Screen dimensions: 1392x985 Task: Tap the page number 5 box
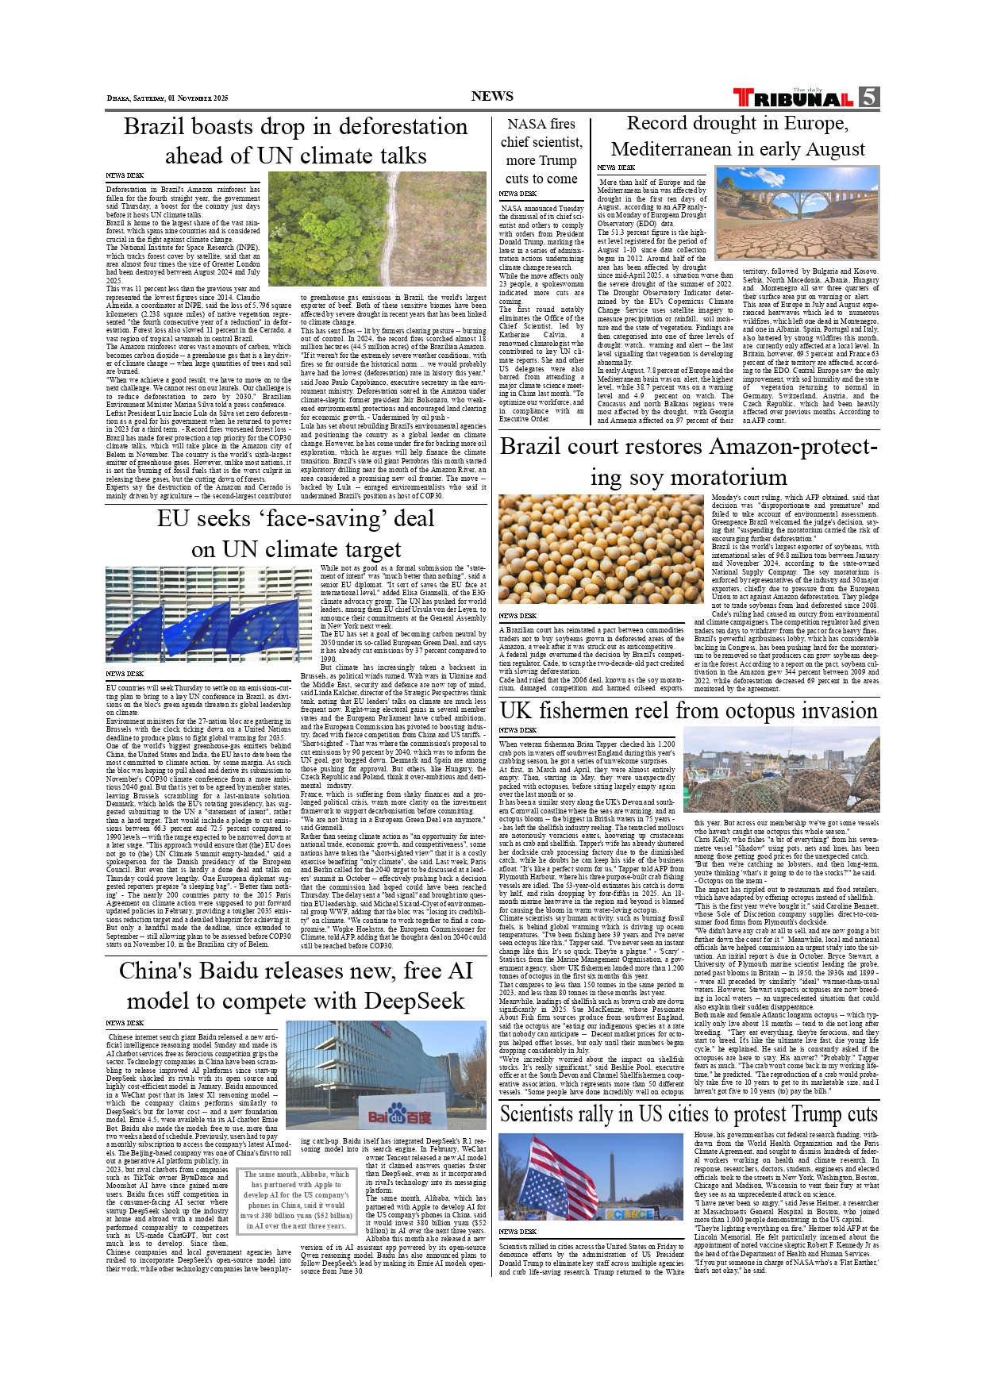(x=868, y=97)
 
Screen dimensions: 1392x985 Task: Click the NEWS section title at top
(x=492, y=97)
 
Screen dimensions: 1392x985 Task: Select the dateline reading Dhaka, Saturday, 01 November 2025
(x=167, y=98)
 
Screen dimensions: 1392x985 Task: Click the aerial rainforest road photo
(x=377, y=229)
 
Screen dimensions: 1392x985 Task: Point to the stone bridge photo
(x=798, y=212)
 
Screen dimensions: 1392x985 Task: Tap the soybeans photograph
(x=601, y=548)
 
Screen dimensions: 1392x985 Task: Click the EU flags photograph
(x=208, y=614)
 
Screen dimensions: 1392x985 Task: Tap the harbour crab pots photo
(x=780, y=769)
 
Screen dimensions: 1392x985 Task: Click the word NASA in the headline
(x=527, y=124)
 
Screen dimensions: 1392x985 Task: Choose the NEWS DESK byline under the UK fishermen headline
(x=518, y=730)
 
